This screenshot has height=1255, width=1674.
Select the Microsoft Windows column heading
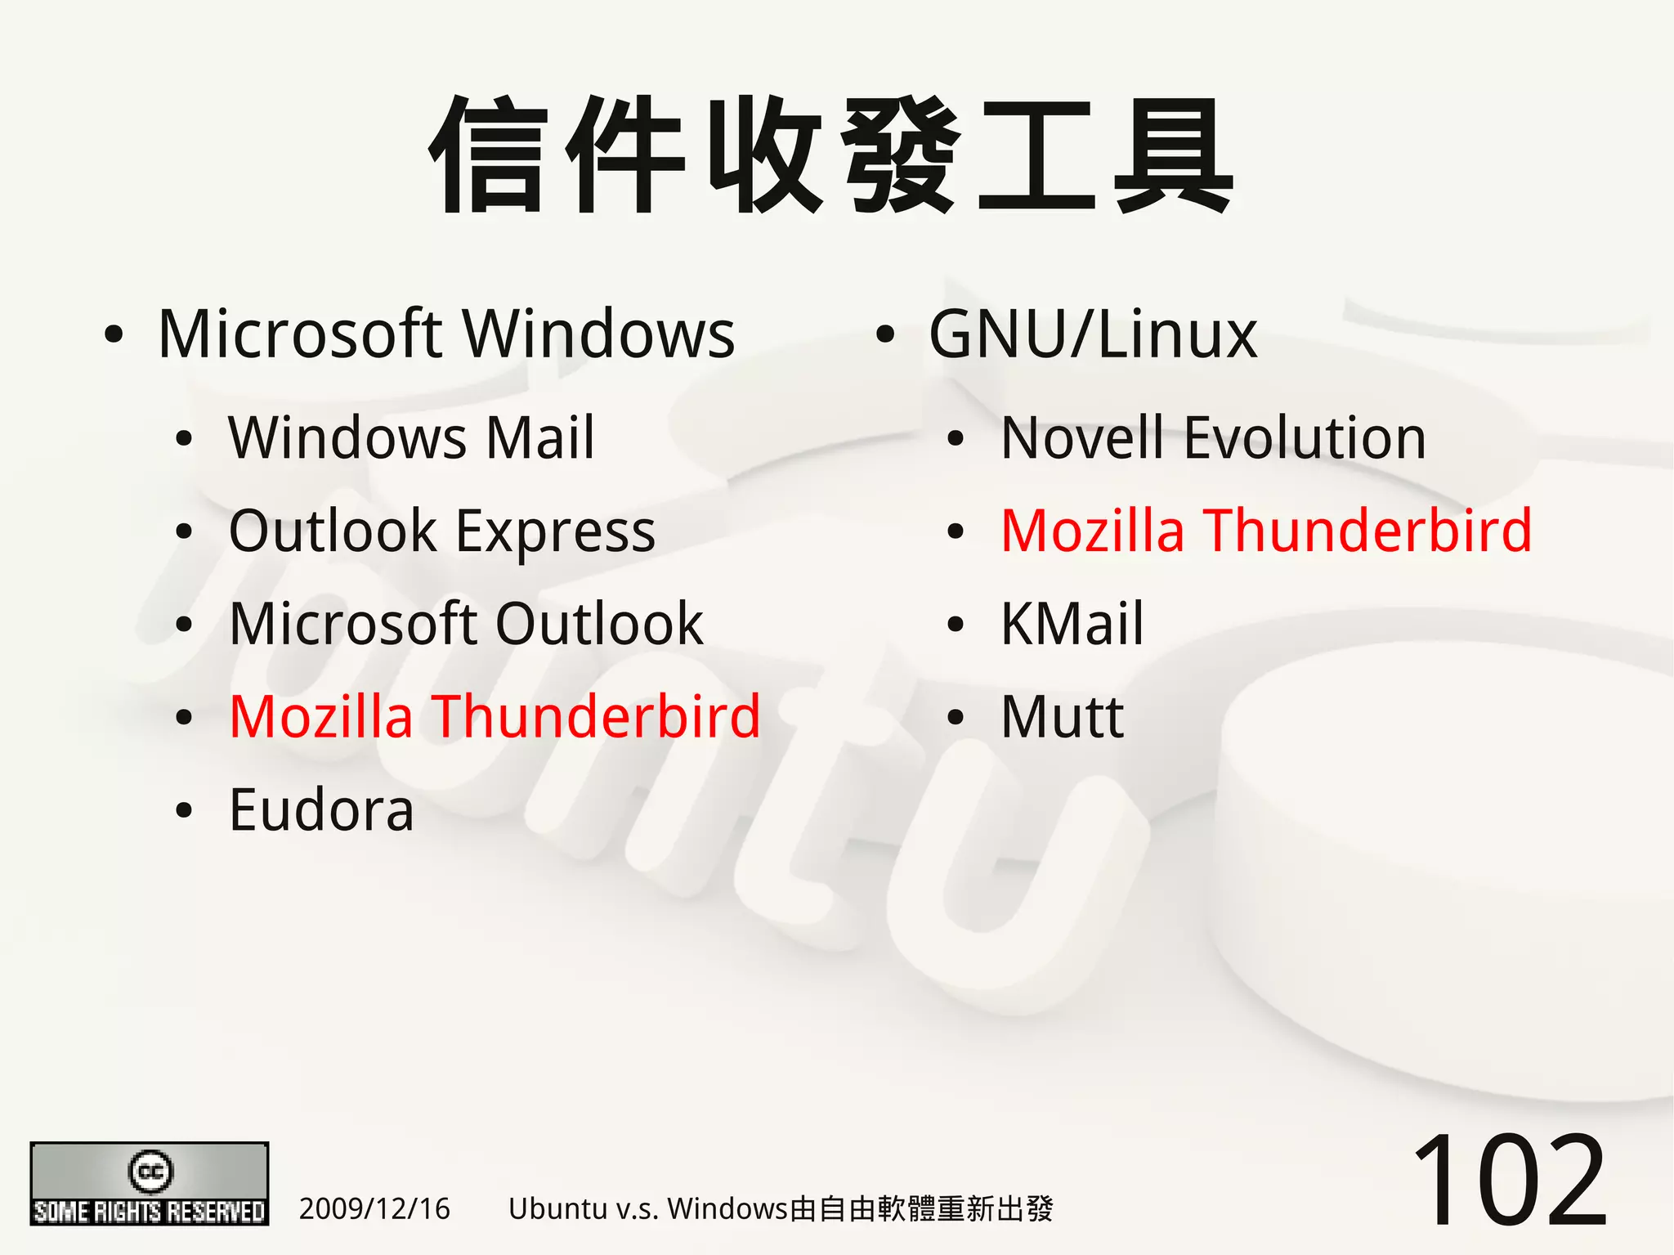[x=446, y=334]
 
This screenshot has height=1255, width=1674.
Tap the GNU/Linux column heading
[x=1093, y=334]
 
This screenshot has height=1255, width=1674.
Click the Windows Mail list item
[x=411, y=438]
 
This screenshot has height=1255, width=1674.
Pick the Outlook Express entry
[x=441, y=531]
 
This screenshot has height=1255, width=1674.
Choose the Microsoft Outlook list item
[x=466, y=624]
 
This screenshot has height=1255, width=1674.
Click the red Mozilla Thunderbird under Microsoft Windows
[x=495, y=717]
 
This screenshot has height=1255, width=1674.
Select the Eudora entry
[x=321, y=810]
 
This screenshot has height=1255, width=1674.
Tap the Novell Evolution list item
[x=1213, y=438]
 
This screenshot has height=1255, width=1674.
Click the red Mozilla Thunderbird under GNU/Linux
[x=1266, y=531]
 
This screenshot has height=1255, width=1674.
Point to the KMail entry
[x=1072, y=624]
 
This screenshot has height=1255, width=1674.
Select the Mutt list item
[x=1062, y=717]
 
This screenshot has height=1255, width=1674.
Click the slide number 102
[x=1509, y=1181]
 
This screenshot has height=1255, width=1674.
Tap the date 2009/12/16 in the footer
[x=374, y=1208]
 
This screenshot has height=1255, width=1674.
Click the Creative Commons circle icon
[x=150, y=1171]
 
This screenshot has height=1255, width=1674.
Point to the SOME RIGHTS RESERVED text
[x=150, y=1211]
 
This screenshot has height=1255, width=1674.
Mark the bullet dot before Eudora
[x=184, y=811]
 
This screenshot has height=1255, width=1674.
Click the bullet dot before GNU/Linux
[x=884, y=335]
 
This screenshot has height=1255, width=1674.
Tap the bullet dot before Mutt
[x=956, y=718]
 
